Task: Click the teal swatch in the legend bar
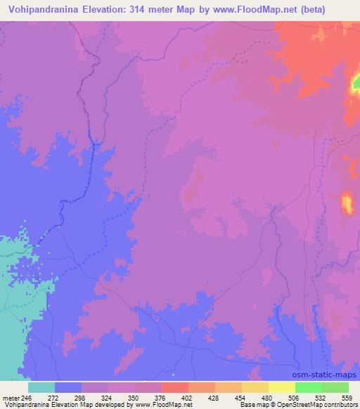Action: (x=41, y=387)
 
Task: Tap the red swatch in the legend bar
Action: (x=175, y=387)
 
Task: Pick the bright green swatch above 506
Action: (x=308, y=387)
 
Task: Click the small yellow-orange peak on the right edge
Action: (x=347, y=202)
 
